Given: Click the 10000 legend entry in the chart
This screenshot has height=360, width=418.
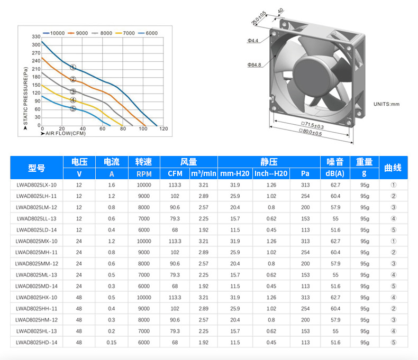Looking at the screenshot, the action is [x=53, y=33].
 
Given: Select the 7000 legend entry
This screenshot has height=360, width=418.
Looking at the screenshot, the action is [x=125, y=33].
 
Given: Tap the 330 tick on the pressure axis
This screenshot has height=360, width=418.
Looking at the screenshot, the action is [x=36, y=36].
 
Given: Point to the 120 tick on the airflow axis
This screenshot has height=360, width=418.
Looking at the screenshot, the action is [x=163, y=128].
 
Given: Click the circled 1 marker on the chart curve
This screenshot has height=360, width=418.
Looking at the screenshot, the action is [x=73, y=67].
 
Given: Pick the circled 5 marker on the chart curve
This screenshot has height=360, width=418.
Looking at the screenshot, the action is [x=73, y=109].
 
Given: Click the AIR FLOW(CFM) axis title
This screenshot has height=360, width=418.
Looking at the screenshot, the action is [x=63, y=133].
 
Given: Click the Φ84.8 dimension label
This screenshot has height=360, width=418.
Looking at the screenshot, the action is [x=255, y=64].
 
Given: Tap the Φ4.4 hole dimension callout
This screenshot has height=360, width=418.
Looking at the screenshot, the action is [x=253, y=41].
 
